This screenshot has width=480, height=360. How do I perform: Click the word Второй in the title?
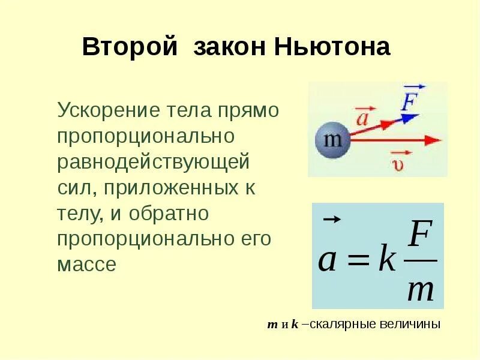click(x=130, y=47)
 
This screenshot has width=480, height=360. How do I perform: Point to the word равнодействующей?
click(x=153, y=163)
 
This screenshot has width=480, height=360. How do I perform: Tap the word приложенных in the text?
click(x=175, y=188)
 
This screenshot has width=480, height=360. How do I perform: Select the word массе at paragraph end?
click(x=86, y=265)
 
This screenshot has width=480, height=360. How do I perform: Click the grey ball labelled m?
click(x=332, y=140)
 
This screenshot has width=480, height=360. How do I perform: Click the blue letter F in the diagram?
click(x=410, y=100)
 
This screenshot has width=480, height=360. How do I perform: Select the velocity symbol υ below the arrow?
click(x=398, y=163)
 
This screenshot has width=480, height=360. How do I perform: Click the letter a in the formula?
click(x=327, y=261)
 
